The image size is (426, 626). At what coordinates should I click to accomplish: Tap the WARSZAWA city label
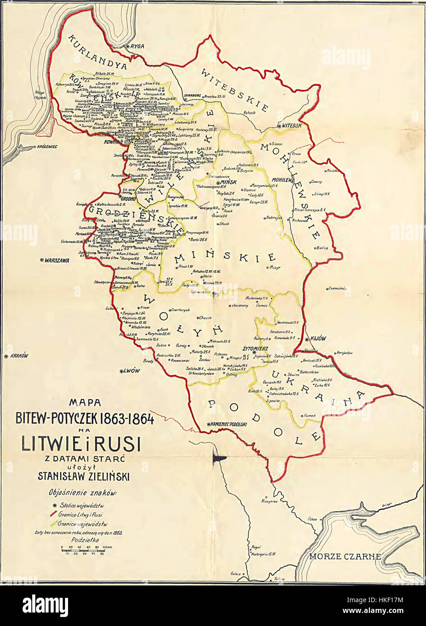coord(57,260)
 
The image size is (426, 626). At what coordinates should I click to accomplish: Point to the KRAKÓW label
coord(19,355)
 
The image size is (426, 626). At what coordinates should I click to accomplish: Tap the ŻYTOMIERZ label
coord(255,349)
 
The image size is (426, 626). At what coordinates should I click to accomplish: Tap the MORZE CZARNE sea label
coord(345,557)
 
